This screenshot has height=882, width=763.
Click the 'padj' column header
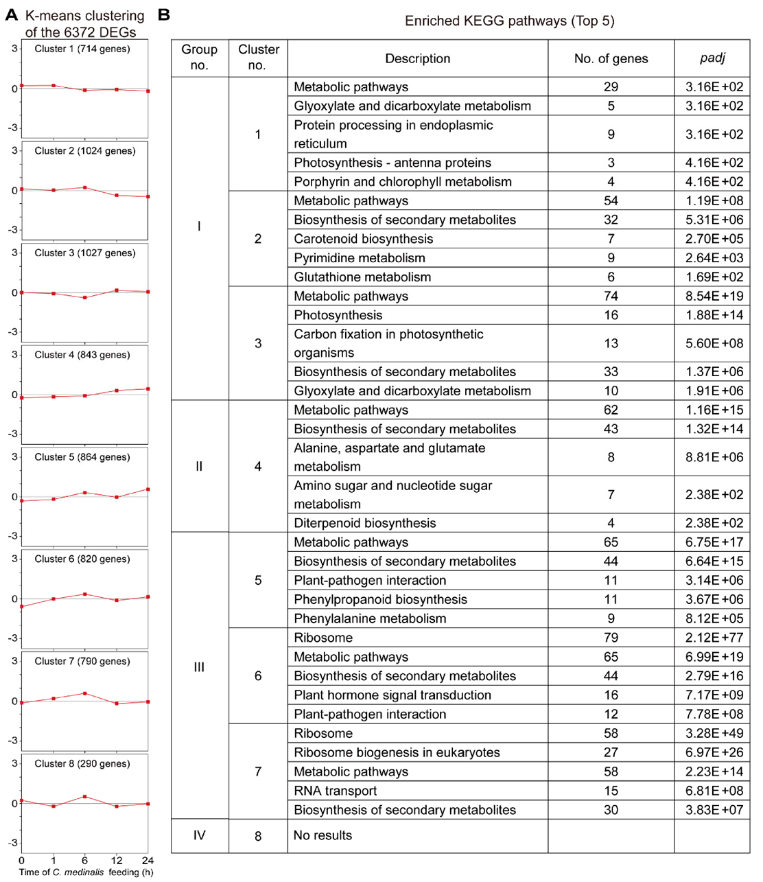[712, 58]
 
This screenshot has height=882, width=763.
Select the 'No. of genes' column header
[611, 58]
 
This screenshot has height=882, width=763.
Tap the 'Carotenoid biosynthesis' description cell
[364, 239]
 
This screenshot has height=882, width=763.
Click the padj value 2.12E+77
[714, 638]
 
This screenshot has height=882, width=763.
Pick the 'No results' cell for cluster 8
[322, 835]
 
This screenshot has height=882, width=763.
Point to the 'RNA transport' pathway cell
[336, 791]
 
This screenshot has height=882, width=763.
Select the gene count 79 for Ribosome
[611, 638]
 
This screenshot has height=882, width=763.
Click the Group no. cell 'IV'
[199, 835]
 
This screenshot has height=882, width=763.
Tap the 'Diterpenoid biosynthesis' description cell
[365, 523]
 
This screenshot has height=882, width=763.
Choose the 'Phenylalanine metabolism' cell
[370, 618]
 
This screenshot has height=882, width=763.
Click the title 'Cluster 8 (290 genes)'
[82, 763]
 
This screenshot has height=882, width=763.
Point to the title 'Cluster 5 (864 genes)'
[82, 457]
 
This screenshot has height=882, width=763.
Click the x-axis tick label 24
[148, 861]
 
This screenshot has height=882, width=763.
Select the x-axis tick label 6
[84, 861]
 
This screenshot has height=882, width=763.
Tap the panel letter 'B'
[164, 14]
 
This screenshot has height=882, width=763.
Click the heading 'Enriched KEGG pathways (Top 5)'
[509, 21]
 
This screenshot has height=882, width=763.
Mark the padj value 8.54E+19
[714, 297]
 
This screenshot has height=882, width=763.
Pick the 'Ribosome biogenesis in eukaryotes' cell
[397, 752]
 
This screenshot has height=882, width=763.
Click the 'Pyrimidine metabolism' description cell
[360, 258]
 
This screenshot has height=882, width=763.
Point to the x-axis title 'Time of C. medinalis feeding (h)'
[86, 872]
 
